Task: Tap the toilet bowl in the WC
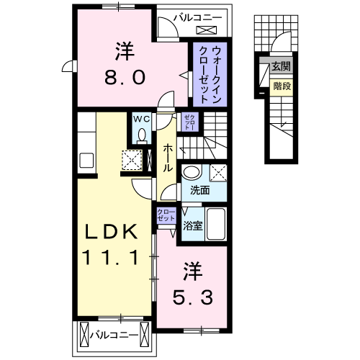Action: pos(141,135)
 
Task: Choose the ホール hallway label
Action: pos(168,157)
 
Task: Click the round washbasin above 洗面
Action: pos(192,172)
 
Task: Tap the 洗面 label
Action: pos(199,191)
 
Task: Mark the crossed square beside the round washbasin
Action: pos(219,172)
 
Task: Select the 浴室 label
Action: pos(193,225)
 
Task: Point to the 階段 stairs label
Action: pos(282,86)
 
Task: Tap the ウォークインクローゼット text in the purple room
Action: pos(207,74)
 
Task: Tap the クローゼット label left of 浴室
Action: pos(166,215)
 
